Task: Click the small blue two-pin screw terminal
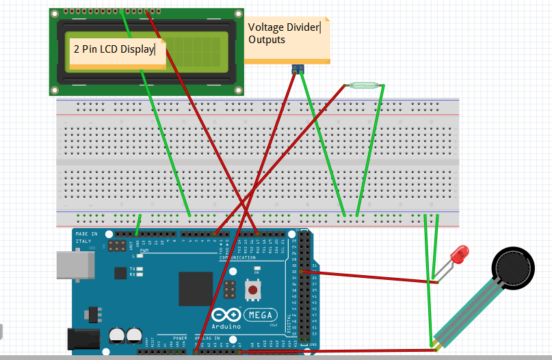(x=298, y=69)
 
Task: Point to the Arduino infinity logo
(x=228, y=315)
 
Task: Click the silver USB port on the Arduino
(x=73, y=266)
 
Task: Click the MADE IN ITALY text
(x=83, y=237)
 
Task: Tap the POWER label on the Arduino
(x=180, y=338)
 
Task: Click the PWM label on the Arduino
(x=144, y=250)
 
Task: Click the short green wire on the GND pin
(x=139, y=224)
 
